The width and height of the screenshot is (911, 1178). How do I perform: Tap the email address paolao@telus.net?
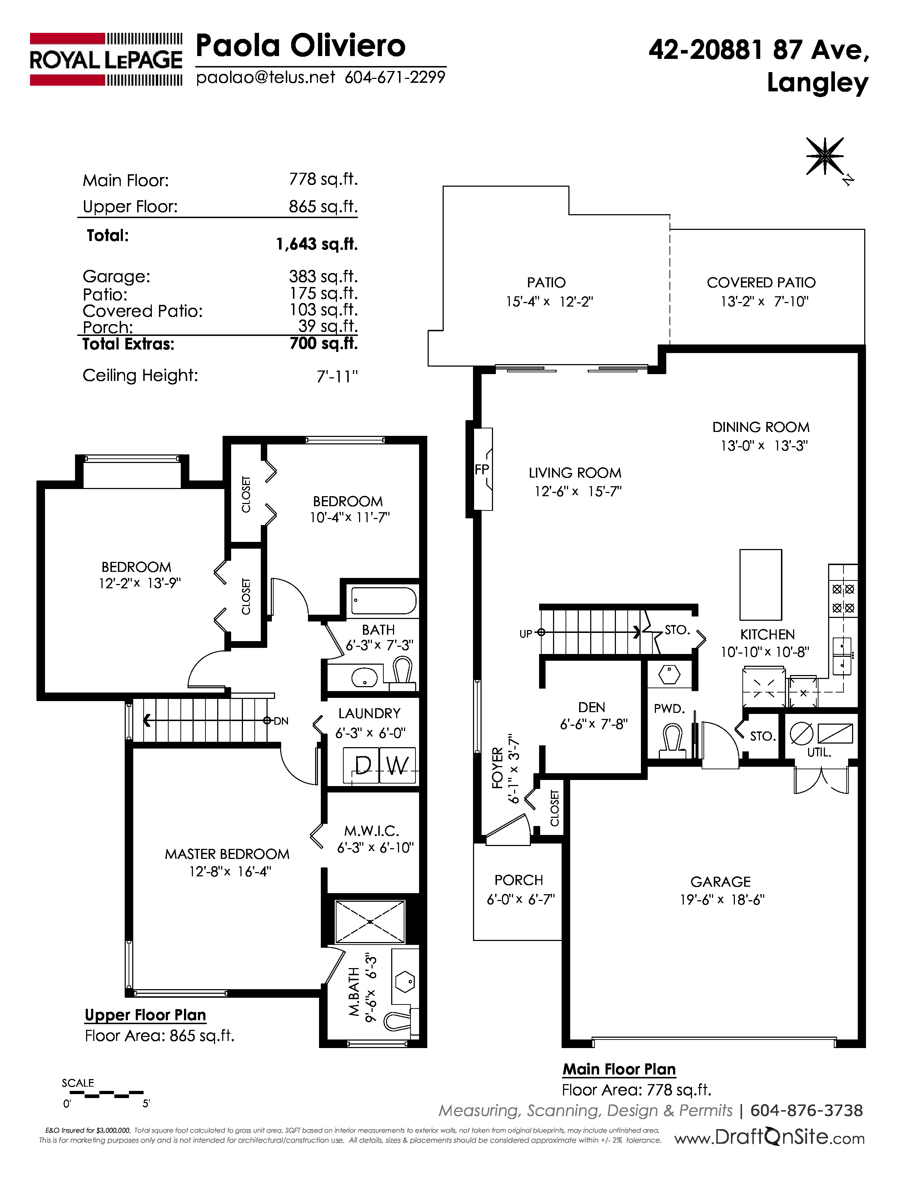coord(265,78)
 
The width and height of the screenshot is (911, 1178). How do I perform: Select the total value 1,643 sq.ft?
coord(317,244)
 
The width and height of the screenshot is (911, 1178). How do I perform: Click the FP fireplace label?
coord(482,470)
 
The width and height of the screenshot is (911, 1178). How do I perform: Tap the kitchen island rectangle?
coord(761,585)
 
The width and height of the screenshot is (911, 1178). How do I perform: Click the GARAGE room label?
coord(721,881)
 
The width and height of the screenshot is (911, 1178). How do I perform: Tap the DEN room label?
coord(592,707)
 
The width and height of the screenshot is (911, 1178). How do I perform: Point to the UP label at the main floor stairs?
coord(526,634)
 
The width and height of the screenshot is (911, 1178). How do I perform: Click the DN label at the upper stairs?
coord(281,721)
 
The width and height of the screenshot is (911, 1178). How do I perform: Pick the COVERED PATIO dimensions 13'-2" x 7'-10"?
coord(764,302)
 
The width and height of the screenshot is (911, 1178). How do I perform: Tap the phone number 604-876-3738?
coord(806,1110)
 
